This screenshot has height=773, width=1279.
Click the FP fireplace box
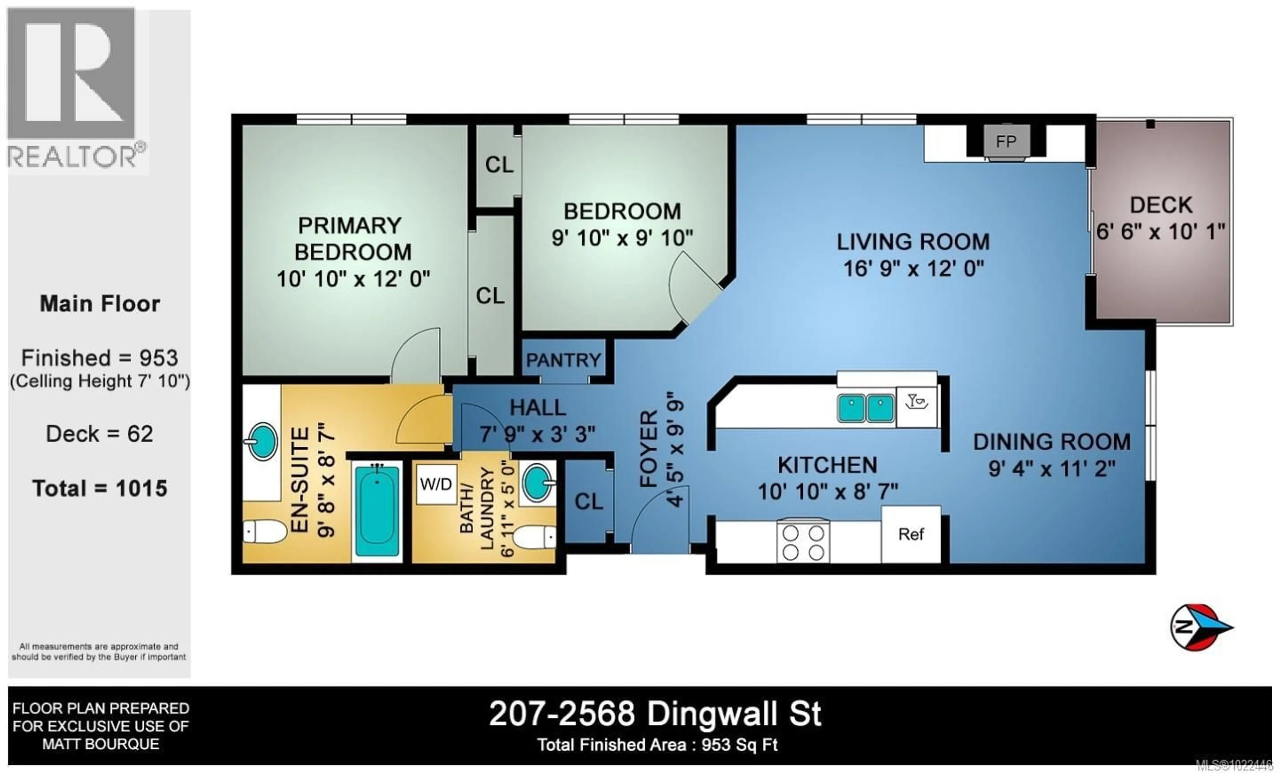point(1006,141)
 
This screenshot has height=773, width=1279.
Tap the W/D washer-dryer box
point(436,484)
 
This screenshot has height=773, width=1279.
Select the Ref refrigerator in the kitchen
point(911,534)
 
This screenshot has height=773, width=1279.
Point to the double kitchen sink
point(865,407)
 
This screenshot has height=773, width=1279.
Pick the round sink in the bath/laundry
point(537,482)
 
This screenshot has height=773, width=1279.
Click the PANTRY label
point(563,360)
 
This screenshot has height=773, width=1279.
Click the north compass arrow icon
point(1201,627)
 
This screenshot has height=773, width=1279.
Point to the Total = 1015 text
point(100,488)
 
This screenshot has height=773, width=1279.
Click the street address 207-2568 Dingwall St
point(655,714)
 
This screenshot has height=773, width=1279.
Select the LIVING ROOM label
point(913,242)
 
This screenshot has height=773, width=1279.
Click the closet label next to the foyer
point(589,501)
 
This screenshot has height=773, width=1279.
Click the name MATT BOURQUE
point(101,744)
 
